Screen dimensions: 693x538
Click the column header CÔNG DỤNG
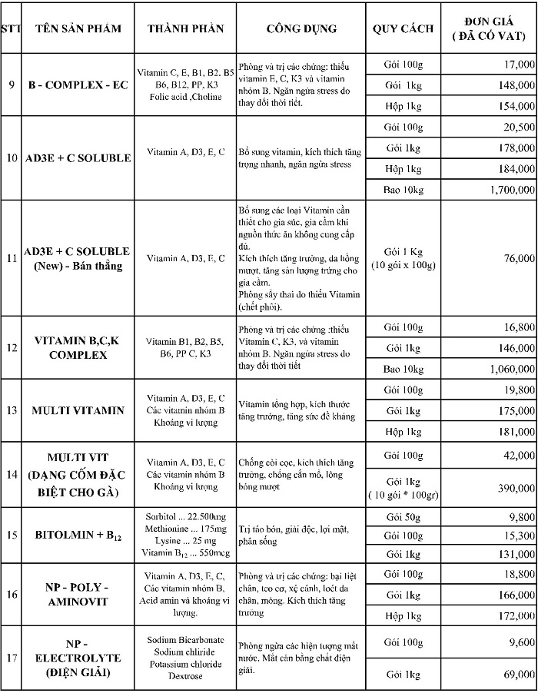pyautogui.click(x=301, y=29)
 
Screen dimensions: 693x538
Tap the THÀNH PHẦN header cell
pyautogui.click(x=185, y=29)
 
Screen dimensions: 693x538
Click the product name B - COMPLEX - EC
pyautogui.click(x=78, y=85)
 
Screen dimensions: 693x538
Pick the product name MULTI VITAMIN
pyautogui.click(x=78, y=410)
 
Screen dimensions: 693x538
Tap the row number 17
pyautogui.click(x=12, y=658)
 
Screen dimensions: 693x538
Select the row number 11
pyautogui.click(x=12, y=258)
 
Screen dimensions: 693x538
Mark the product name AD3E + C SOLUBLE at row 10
pyautogui.click(x=78, y=158)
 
